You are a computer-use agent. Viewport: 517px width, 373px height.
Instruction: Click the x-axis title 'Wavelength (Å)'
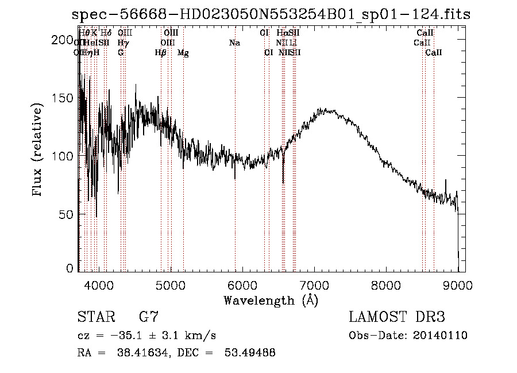click(271, 299)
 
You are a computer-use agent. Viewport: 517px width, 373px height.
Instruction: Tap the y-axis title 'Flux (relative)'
click(38, 151)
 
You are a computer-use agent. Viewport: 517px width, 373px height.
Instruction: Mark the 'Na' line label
click(234, 43)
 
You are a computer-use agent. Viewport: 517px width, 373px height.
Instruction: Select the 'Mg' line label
click(183, 53)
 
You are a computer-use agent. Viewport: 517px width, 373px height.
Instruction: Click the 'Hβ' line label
click(161, 53)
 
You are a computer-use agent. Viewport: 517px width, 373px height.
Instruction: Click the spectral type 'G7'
click(149, 317)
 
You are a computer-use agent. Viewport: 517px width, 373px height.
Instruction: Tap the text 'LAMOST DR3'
click(396, 317)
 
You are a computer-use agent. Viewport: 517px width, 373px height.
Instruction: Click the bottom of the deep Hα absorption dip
click(283, 183)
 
